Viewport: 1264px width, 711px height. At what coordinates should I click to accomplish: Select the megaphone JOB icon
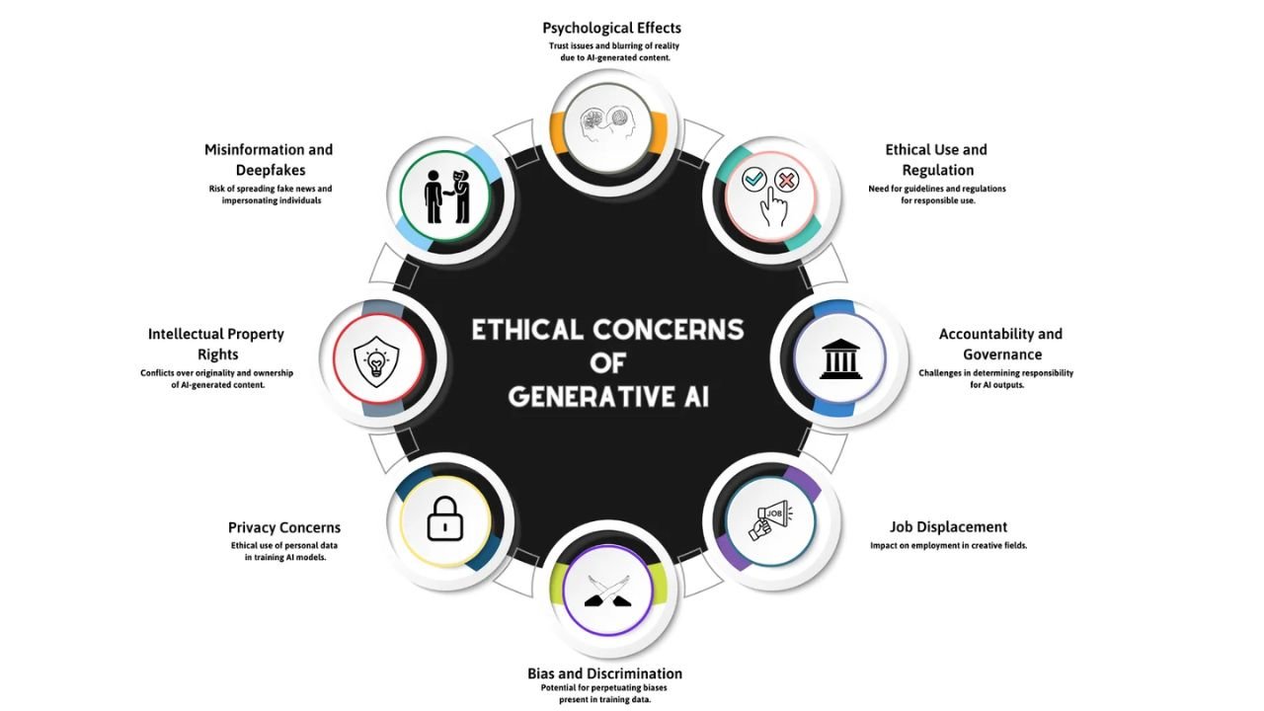click(769, 520)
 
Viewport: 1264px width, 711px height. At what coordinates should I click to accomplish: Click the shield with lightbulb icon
click(376, 357)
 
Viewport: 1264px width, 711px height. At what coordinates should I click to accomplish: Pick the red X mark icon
click(786, 180)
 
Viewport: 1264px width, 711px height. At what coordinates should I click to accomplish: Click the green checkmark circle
click(754, 180)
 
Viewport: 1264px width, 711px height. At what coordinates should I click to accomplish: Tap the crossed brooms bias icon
click(608, 590)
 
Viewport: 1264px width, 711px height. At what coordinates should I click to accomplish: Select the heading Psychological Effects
click(611, 28)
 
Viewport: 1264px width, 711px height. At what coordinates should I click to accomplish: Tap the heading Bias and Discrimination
click(604, 673)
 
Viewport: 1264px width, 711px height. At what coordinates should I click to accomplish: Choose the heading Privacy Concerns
click(284, 527)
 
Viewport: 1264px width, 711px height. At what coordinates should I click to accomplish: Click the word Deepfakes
click(270, 170)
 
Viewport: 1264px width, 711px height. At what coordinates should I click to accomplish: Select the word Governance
click(1002, 354)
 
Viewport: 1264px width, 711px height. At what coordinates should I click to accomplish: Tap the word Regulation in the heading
click(937, 170)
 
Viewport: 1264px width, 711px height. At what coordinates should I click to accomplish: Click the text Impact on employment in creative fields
click(948, 545)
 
